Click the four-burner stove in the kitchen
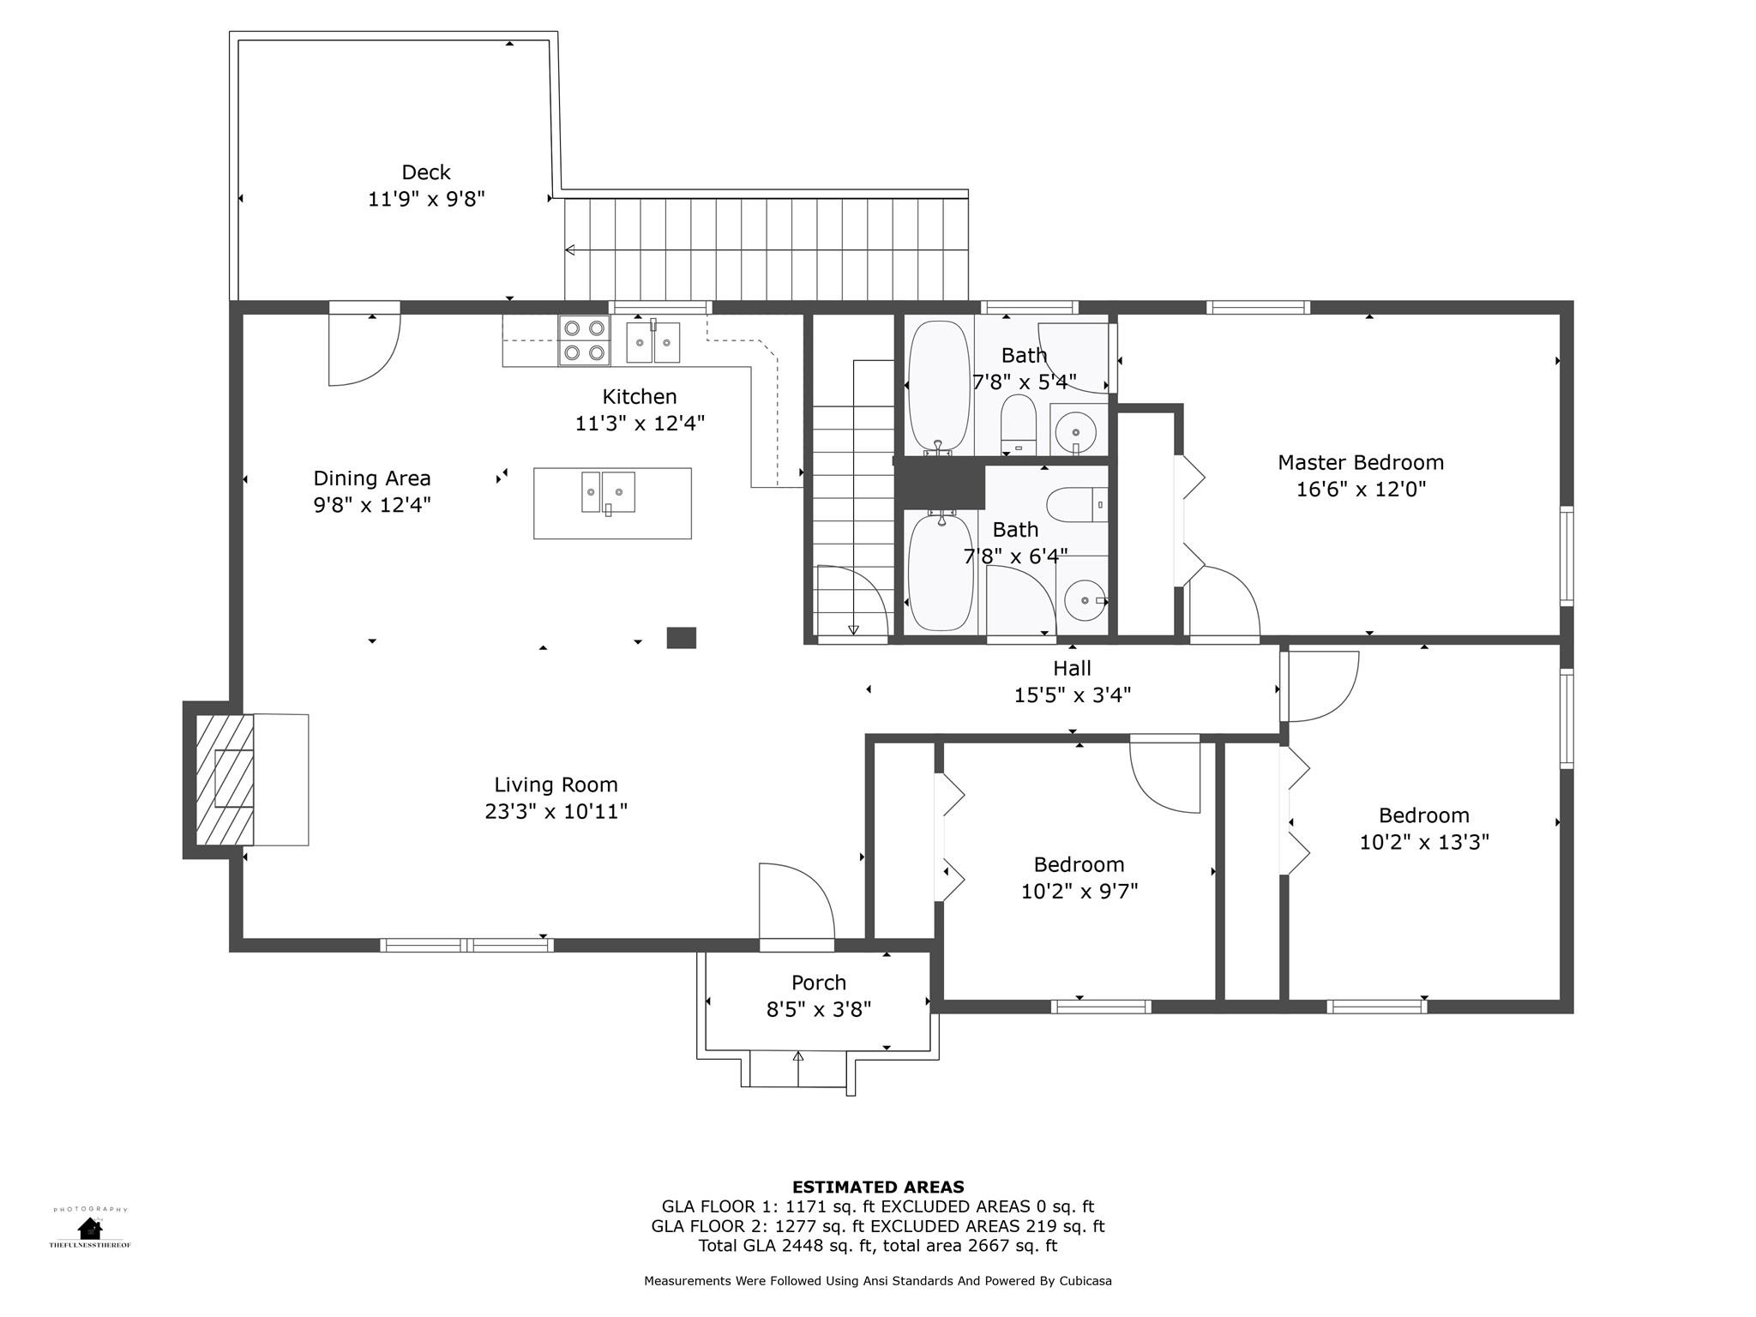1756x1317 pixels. pos(584,340)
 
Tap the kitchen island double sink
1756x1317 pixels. pos(608,492)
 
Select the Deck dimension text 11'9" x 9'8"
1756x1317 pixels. pos(426,199)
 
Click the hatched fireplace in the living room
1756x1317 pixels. pos(225,779)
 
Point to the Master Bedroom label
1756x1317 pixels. pos(1361,463)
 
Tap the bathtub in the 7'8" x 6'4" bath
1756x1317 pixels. pos(941,572)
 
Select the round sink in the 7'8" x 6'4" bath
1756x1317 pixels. pos(1085,600)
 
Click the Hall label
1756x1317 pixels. pos(1072,668)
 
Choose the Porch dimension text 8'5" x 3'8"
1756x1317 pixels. pos(818,1009)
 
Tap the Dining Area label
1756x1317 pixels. pos(371,478)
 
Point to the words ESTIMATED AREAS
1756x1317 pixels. pos(878,1187)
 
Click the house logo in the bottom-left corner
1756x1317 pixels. pos(90,1229)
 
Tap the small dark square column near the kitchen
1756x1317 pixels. pos(682,638)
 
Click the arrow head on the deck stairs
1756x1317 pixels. pos(570,250)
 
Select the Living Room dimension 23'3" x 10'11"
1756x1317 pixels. pos(556,811)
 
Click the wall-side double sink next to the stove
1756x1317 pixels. pos(653,342)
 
